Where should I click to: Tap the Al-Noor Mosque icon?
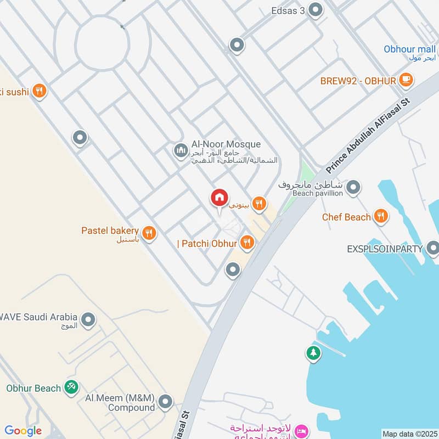click(181, 150)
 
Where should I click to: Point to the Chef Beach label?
click(346, 217)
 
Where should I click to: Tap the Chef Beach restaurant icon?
click(380, 217)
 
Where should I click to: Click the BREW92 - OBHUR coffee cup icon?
click(406, 80)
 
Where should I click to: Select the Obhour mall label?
click(409, 49)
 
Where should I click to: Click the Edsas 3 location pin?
click(316, 10)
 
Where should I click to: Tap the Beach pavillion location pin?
click(353, 188)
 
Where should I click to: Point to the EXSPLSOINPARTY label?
click(385, 249)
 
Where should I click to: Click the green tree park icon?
click(313, 353)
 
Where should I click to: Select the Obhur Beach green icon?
click(71, 387)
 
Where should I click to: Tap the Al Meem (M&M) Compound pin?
click(165, 403)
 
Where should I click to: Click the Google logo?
click(23, 431)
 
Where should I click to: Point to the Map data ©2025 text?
click(409, 434)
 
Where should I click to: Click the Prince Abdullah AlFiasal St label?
click(369, 134)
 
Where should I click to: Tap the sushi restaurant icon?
click(39, 91)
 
